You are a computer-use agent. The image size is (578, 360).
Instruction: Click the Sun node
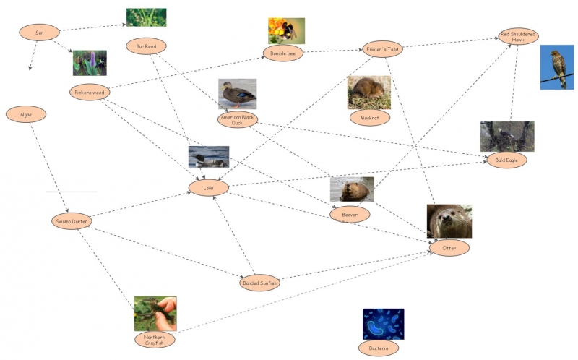tap(39, 33)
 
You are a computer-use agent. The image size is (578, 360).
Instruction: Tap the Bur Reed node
tap(146, 46)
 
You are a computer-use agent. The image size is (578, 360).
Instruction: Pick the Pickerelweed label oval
tap(91, 93)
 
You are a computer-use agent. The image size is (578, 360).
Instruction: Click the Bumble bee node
tap(282, 53)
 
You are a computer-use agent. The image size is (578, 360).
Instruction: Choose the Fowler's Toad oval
tap(382, 49)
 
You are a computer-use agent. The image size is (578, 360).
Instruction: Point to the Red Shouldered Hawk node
tap(518, 36)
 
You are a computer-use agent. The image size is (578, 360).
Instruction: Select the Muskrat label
tap(369, 116)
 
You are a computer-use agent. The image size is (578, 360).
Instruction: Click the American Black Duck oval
tap(237, 119)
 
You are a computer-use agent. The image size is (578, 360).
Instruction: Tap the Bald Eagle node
tap(506, 160)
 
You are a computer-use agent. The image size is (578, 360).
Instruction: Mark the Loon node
tap(209, 188)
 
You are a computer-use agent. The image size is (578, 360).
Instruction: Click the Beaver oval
tap(350, 214)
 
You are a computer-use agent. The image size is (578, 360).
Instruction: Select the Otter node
tap(449, 248)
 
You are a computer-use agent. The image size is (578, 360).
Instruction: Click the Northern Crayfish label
tap(155, 339)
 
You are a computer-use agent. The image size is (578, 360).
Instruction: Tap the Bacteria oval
tap(379, 348)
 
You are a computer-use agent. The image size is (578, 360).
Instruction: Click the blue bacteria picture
tap(383, 324)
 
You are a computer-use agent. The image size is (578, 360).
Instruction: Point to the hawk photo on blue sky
tap(556, 67)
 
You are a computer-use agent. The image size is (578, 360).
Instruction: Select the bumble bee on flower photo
tap(286, 31)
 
